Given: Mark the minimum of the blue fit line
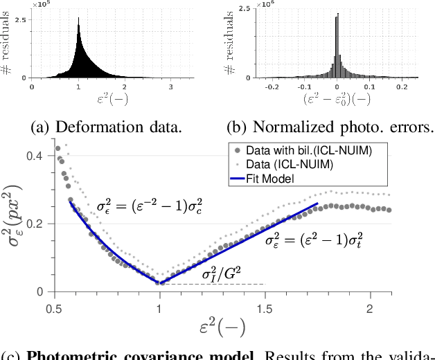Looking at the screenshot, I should (x=160, y=282).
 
